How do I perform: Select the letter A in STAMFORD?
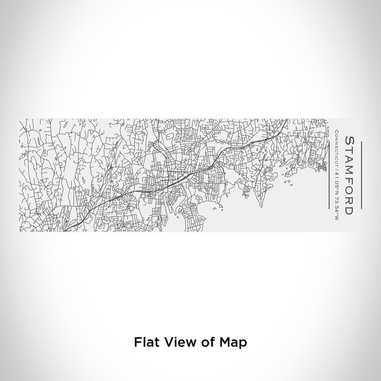point(349,158)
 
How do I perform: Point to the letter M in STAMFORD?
point(349,170)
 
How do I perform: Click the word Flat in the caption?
point(144,343)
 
